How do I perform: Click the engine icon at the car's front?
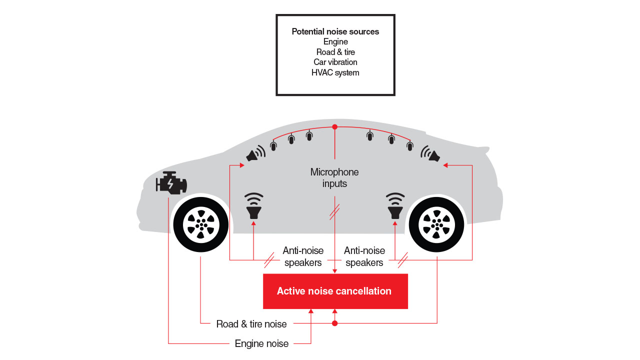tap(171, 183)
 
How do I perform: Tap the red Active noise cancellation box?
tap(335, 291)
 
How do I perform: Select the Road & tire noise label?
tap(251, 324)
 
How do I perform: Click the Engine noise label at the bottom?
tap(261, 343)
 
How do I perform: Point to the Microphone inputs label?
tap(334, 178)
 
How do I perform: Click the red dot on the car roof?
tap(335, 127)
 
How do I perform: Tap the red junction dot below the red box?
tap(335, 323)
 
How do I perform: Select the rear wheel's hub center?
tap(436, 224)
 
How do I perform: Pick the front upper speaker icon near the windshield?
tap(255, 153)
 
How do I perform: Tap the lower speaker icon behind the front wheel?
tap(254, 206)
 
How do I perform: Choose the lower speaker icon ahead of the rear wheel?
tap(395, 206)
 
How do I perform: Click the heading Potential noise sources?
tap(335, 31)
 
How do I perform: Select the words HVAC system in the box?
tap(335, 72)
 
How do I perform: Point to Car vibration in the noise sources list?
tap(335, 62)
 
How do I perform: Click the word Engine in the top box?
tap(335, 41)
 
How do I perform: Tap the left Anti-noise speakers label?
tap(303, 256)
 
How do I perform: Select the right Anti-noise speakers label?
tap(364, 256)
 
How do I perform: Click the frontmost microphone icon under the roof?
tap(273, 145)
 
